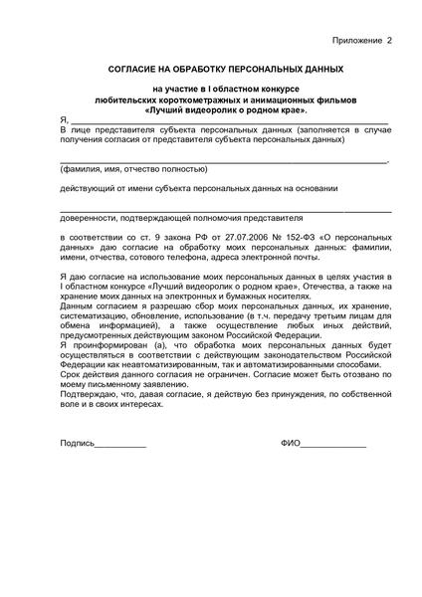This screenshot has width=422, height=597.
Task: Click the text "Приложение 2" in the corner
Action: (361, 41)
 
